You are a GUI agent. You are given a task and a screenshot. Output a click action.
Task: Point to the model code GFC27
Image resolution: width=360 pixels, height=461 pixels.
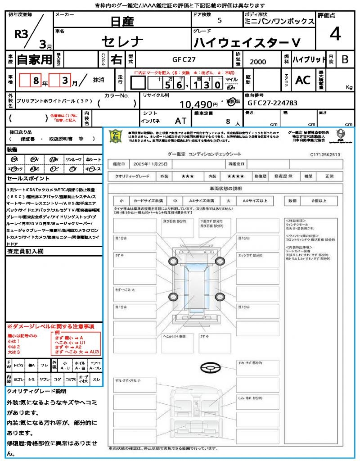coord(184,59)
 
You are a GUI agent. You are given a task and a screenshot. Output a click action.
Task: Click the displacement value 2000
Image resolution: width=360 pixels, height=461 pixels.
coord(258,62)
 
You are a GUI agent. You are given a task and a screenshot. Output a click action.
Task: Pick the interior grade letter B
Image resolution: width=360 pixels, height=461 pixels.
coord(345,59)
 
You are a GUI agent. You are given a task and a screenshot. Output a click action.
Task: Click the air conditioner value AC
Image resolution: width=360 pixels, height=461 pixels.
coord(303,80)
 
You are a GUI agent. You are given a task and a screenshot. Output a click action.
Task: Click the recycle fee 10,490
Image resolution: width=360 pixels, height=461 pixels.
coord(196,104)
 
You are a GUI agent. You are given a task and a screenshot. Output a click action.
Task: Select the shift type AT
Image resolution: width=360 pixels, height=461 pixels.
coord(180,121)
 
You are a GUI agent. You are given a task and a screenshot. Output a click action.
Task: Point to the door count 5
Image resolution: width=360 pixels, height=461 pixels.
coord(219,21)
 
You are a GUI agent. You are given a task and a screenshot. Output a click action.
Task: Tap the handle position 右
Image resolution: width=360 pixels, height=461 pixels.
coord(117,59)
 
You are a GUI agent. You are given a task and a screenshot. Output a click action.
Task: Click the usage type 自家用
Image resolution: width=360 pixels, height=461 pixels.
coord(34,59)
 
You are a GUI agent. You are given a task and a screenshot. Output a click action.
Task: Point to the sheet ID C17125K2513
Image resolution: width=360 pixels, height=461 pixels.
coord(325,154)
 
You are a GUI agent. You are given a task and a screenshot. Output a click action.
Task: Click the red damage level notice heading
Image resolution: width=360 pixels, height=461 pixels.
coord(50,326)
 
